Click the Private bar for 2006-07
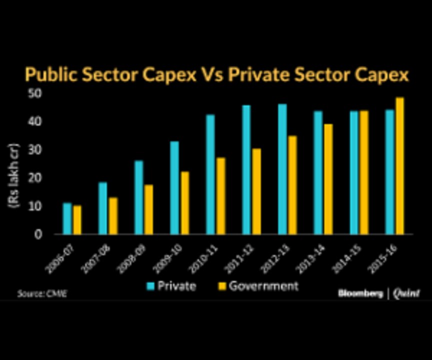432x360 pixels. pos(67,218)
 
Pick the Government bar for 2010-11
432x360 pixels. pos(220,196)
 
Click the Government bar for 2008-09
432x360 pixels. pos(148,209)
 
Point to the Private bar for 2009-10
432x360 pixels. pos(174,187)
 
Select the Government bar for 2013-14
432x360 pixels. pos(328,179)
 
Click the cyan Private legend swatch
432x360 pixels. pos(150,286)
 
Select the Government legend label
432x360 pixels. pos(263,286)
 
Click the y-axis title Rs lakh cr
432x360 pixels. pos(12,179)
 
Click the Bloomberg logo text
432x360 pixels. pos(360,293)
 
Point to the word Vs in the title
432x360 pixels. pos(213,75)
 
